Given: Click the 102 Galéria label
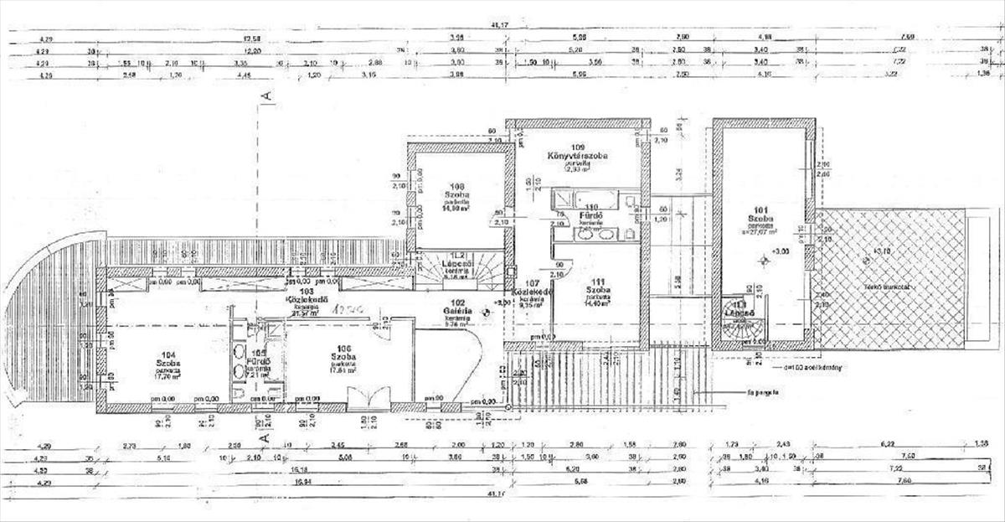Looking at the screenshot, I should (x=457, y=308).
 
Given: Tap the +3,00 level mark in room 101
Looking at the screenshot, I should (x=781, y=251).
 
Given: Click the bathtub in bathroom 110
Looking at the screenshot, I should (x=595, y=199).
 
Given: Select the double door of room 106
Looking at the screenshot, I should (x=369, y=397).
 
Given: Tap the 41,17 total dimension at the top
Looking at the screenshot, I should (x=501, y=27).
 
